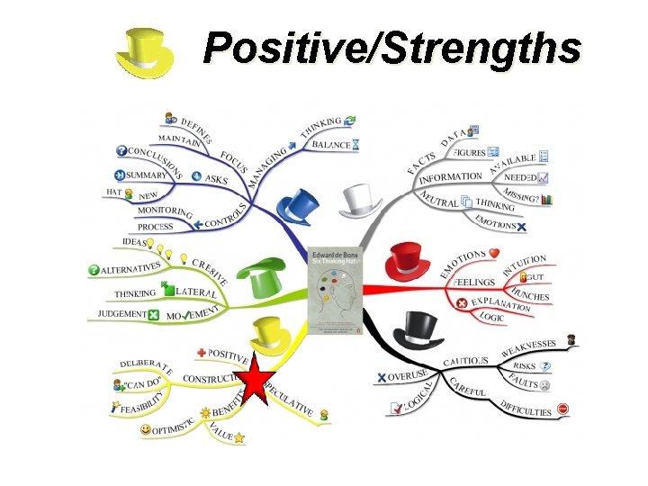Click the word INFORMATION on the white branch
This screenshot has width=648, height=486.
tap(451, 177)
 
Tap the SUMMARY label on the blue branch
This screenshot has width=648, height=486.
tap(147, 175)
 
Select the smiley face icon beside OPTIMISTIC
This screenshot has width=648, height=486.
tap(146, 430)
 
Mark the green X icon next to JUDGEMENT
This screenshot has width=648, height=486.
tap(153, 314)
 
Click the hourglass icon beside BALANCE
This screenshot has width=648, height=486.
tap(357, 144)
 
